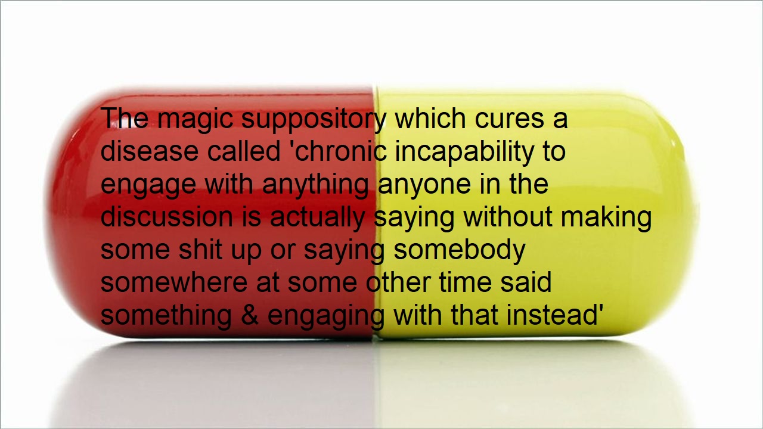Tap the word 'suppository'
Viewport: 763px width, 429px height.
tap(314, 119)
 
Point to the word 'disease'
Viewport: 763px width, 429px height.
tap(149, 151)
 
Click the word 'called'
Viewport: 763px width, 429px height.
tap(244, 151)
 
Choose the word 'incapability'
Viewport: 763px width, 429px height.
tap(464, 152)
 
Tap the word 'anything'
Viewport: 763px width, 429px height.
tap(315, 185)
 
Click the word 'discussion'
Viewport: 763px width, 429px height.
tap(167, 217)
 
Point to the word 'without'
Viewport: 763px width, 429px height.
tap(508, 217)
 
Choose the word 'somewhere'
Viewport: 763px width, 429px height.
tap(174, 282)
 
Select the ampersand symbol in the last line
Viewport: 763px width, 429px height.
tap(250, 315)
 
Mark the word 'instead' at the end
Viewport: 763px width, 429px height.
tap(552, 315)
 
